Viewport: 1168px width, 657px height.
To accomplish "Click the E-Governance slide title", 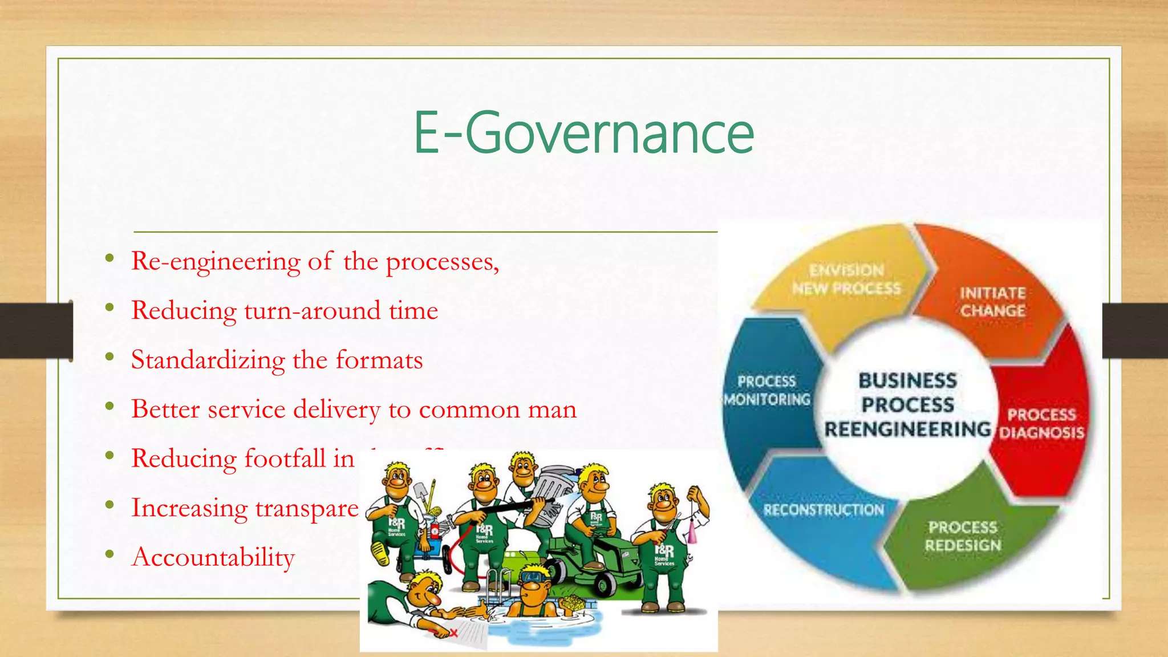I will pyautogui.click(x=583, y=132).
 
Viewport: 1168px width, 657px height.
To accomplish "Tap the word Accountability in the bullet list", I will pyautogui.click(x=213, y=557).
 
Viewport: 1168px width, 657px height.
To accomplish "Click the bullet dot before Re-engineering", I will pyautogui.click(x=109, y=259).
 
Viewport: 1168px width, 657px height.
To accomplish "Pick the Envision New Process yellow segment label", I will pyautogui.click(x=846, y=279).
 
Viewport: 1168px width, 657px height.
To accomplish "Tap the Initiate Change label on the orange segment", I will pyautogui.click(x=992, y=302).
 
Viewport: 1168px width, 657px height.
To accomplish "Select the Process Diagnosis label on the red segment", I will pyautogui.click(x=1041, y=423).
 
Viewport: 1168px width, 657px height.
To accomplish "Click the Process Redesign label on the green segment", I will pyautogui.click(x=963, y=536).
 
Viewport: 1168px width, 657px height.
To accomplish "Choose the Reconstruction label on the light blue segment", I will pyautogui.click(x=824, y=510).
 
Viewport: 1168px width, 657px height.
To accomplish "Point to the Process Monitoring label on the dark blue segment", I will pyautogui.click(x=767, y=390).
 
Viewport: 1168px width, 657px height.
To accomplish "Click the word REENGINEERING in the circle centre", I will pyautogui.click(x=907, y=429).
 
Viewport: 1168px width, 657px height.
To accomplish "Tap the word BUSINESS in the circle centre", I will pyautogui.click(x=907, y=380).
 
